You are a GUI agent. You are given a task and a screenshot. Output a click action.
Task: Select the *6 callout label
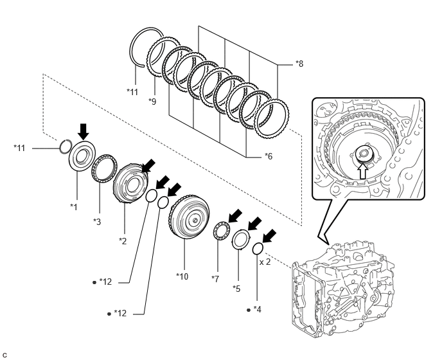[269, 156]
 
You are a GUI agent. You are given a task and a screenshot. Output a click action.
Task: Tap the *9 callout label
[152, 101]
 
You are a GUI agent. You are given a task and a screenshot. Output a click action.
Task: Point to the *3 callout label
[96, 221]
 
